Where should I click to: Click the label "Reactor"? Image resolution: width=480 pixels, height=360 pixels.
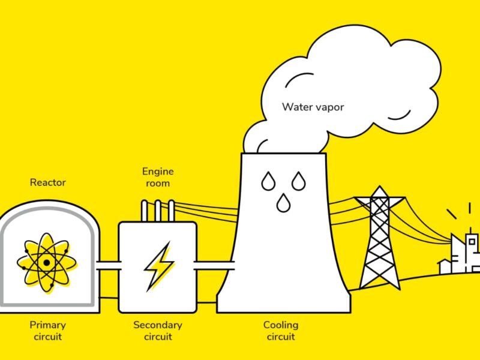[x=48, y=182]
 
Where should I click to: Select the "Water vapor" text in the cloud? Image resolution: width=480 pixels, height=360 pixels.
[x=313, y=108]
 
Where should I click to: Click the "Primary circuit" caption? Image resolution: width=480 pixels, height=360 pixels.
[x=48, y=331]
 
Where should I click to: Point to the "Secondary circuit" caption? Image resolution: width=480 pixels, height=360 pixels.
[x=157, y=331]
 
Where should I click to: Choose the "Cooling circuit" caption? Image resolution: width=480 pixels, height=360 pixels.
[x=280, y=331]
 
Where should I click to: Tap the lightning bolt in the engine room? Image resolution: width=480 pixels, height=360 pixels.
[x=157, y=266]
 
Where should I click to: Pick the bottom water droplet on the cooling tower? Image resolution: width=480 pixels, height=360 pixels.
[x=283, y=204]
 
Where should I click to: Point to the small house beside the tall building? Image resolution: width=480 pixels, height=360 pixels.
[x=444, y=266]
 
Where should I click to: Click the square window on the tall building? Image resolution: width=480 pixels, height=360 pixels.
[x=472, y=242]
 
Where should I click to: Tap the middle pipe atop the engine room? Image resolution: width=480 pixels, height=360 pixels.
[x=158, y=211]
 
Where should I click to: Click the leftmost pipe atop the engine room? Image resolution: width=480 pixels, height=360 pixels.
[x=145, y=211]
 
